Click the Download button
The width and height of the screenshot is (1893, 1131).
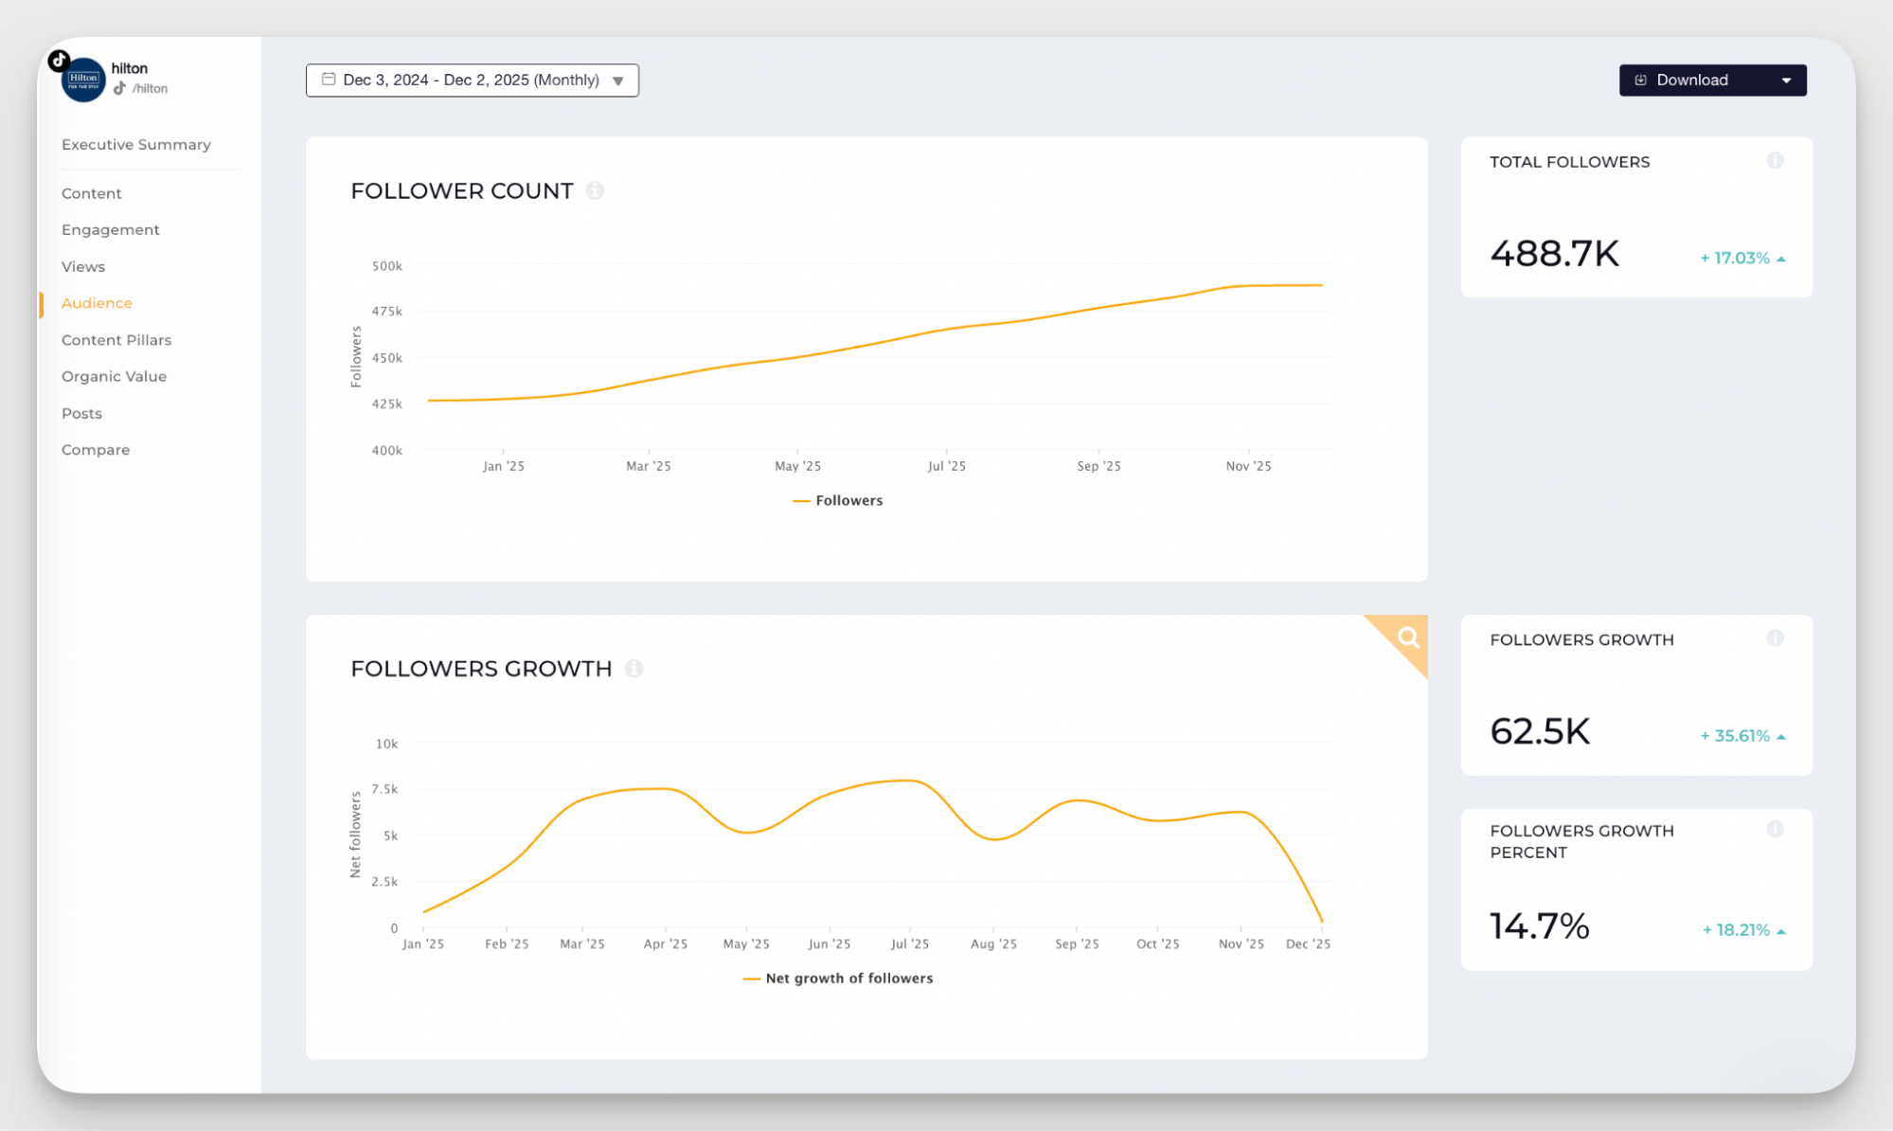coord(1691,81)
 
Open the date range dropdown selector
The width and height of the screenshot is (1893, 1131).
coord(472,81)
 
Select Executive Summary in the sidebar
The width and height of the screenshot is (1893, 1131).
coord(135,145)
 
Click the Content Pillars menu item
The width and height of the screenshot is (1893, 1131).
coord(116,340)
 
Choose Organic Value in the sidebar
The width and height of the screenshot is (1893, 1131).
coord(114,377)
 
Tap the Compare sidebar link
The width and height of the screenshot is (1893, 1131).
coord(96,450)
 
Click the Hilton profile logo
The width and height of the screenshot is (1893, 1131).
coord(83,80)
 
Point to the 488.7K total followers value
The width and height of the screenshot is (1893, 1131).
coord(1554,254)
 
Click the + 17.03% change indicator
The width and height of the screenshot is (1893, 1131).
coord(1741,259)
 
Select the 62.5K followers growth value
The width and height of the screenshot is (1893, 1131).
coord(1540,731)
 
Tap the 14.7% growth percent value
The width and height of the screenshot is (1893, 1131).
coord(1539,926)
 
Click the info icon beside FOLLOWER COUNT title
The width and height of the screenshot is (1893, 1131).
coord(595,191)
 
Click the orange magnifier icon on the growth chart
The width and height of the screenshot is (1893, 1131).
coord(1408,637)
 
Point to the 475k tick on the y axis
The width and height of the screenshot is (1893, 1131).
coord(386,312)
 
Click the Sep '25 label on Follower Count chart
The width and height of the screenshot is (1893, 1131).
coord(1098,466)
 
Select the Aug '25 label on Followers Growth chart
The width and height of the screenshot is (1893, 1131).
coord(993,944)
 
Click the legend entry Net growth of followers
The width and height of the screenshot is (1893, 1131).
coord(848,978)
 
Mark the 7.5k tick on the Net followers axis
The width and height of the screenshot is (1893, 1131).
coord(384,789)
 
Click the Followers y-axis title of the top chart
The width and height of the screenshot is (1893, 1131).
coord(356,357)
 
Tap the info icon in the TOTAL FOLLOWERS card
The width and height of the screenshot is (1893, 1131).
coord(1775,161)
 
